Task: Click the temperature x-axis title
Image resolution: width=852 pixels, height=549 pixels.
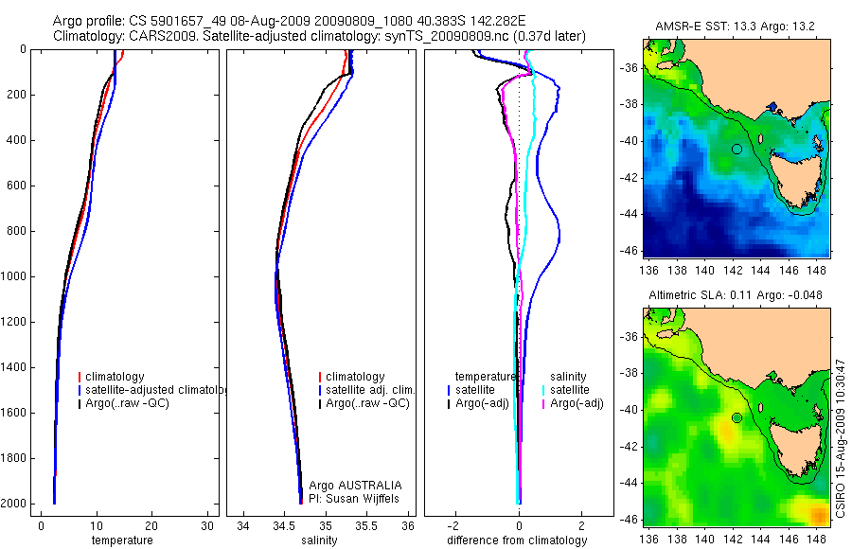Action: [121, 540]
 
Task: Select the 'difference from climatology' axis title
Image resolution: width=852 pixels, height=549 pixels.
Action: [518, 540]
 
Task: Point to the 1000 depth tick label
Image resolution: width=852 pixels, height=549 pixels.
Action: [15, 276]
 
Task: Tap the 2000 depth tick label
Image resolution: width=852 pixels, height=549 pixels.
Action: [15, 504]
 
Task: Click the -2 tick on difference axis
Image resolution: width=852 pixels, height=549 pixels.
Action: [455, 525]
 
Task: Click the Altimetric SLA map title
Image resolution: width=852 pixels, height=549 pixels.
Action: [735, 295]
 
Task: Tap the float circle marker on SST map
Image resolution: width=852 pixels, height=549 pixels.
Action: [737, 149]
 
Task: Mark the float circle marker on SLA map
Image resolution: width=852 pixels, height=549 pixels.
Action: [737, 417]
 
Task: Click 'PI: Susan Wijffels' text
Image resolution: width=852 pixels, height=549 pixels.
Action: [355, 498]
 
